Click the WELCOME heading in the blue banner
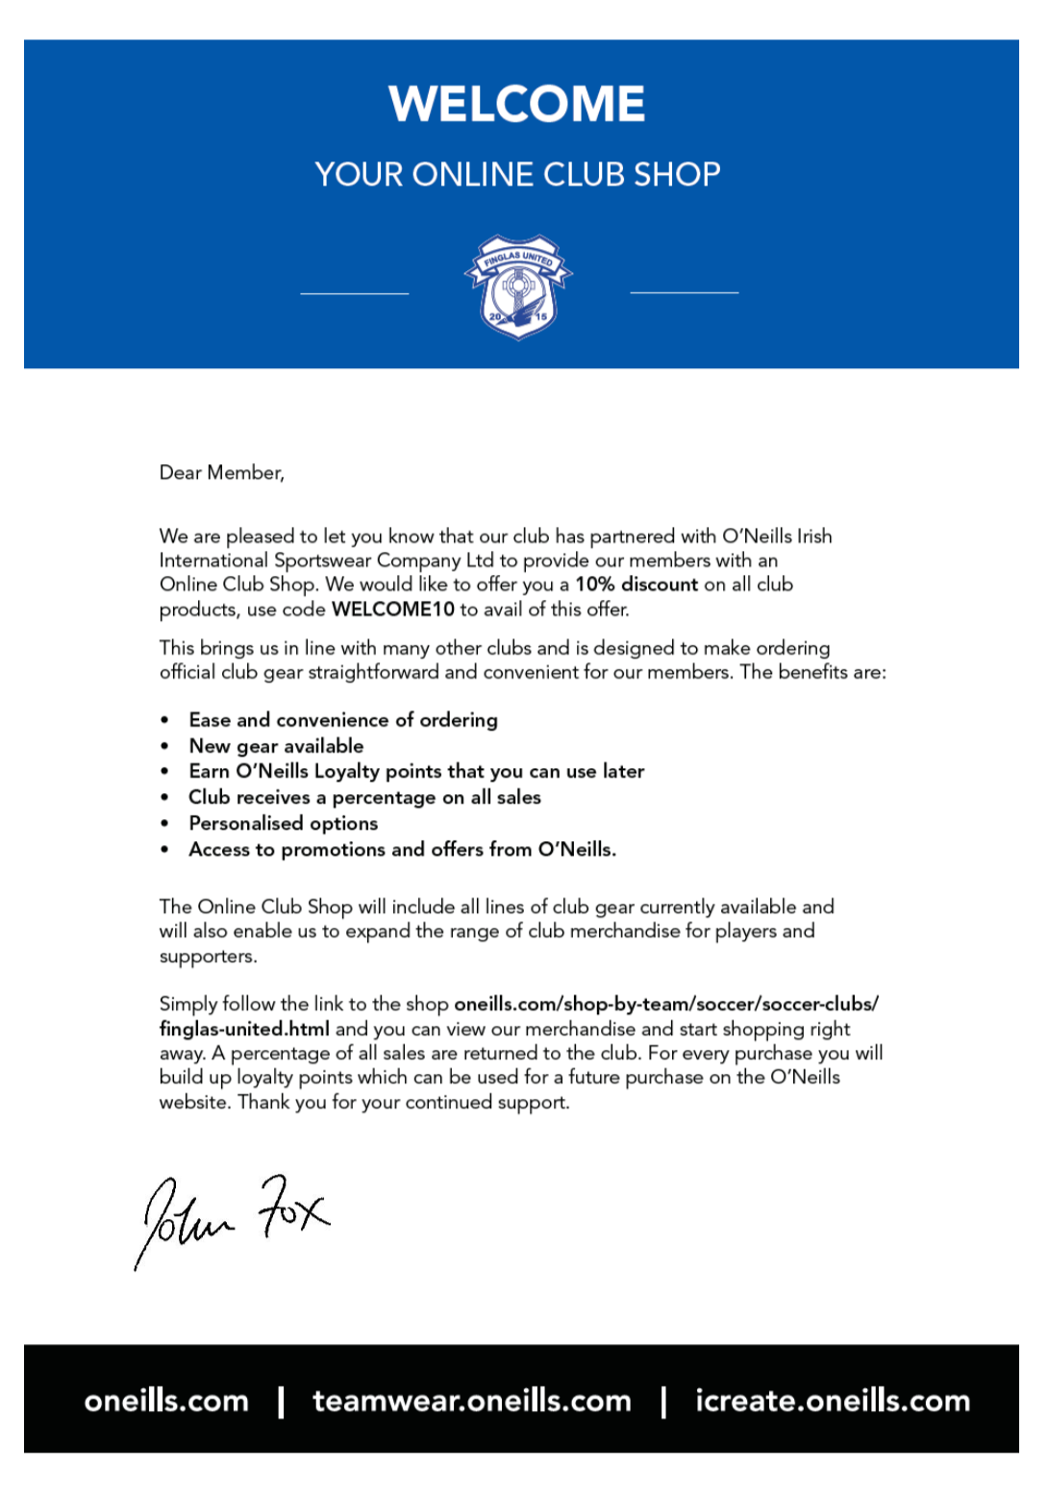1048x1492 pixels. (x=517, y=104)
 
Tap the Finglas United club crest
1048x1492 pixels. (x=518, y=286)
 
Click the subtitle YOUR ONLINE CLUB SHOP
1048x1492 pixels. (x=517, y=174)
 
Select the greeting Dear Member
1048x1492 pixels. (x=221, y=473)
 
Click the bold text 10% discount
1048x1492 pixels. (x=636, y=584)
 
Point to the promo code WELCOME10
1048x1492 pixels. (x=392, y=609)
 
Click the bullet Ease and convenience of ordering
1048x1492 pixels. (x=343, y=720)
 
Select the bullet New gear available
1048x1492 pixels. (x=276, y=746)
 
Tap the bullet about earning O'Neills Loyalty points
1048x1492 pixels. (x=416, y=771)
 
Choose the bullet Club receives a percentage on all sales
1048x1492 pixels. (x=364, y=797)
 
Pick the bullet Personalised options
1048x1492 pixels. (x=283, y=823)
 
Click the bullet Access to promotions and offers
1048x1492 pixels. (x=402, y=850)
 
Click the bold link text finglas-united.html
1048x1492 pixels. (x=244, y=1029)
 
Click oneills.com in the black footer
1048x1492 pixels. (x=166, y=1401)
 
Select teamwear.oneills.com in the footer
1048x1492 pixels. (x=472, y=1401)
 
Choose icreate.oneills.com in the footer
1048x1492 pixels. (x=833, y=1401)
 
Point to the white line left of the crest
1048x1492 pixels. (x=355, y=293)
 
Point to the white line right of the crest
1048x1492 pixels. (x=684, y=292)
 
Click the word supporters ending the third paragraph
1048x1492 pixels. (x=207, y=957)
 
